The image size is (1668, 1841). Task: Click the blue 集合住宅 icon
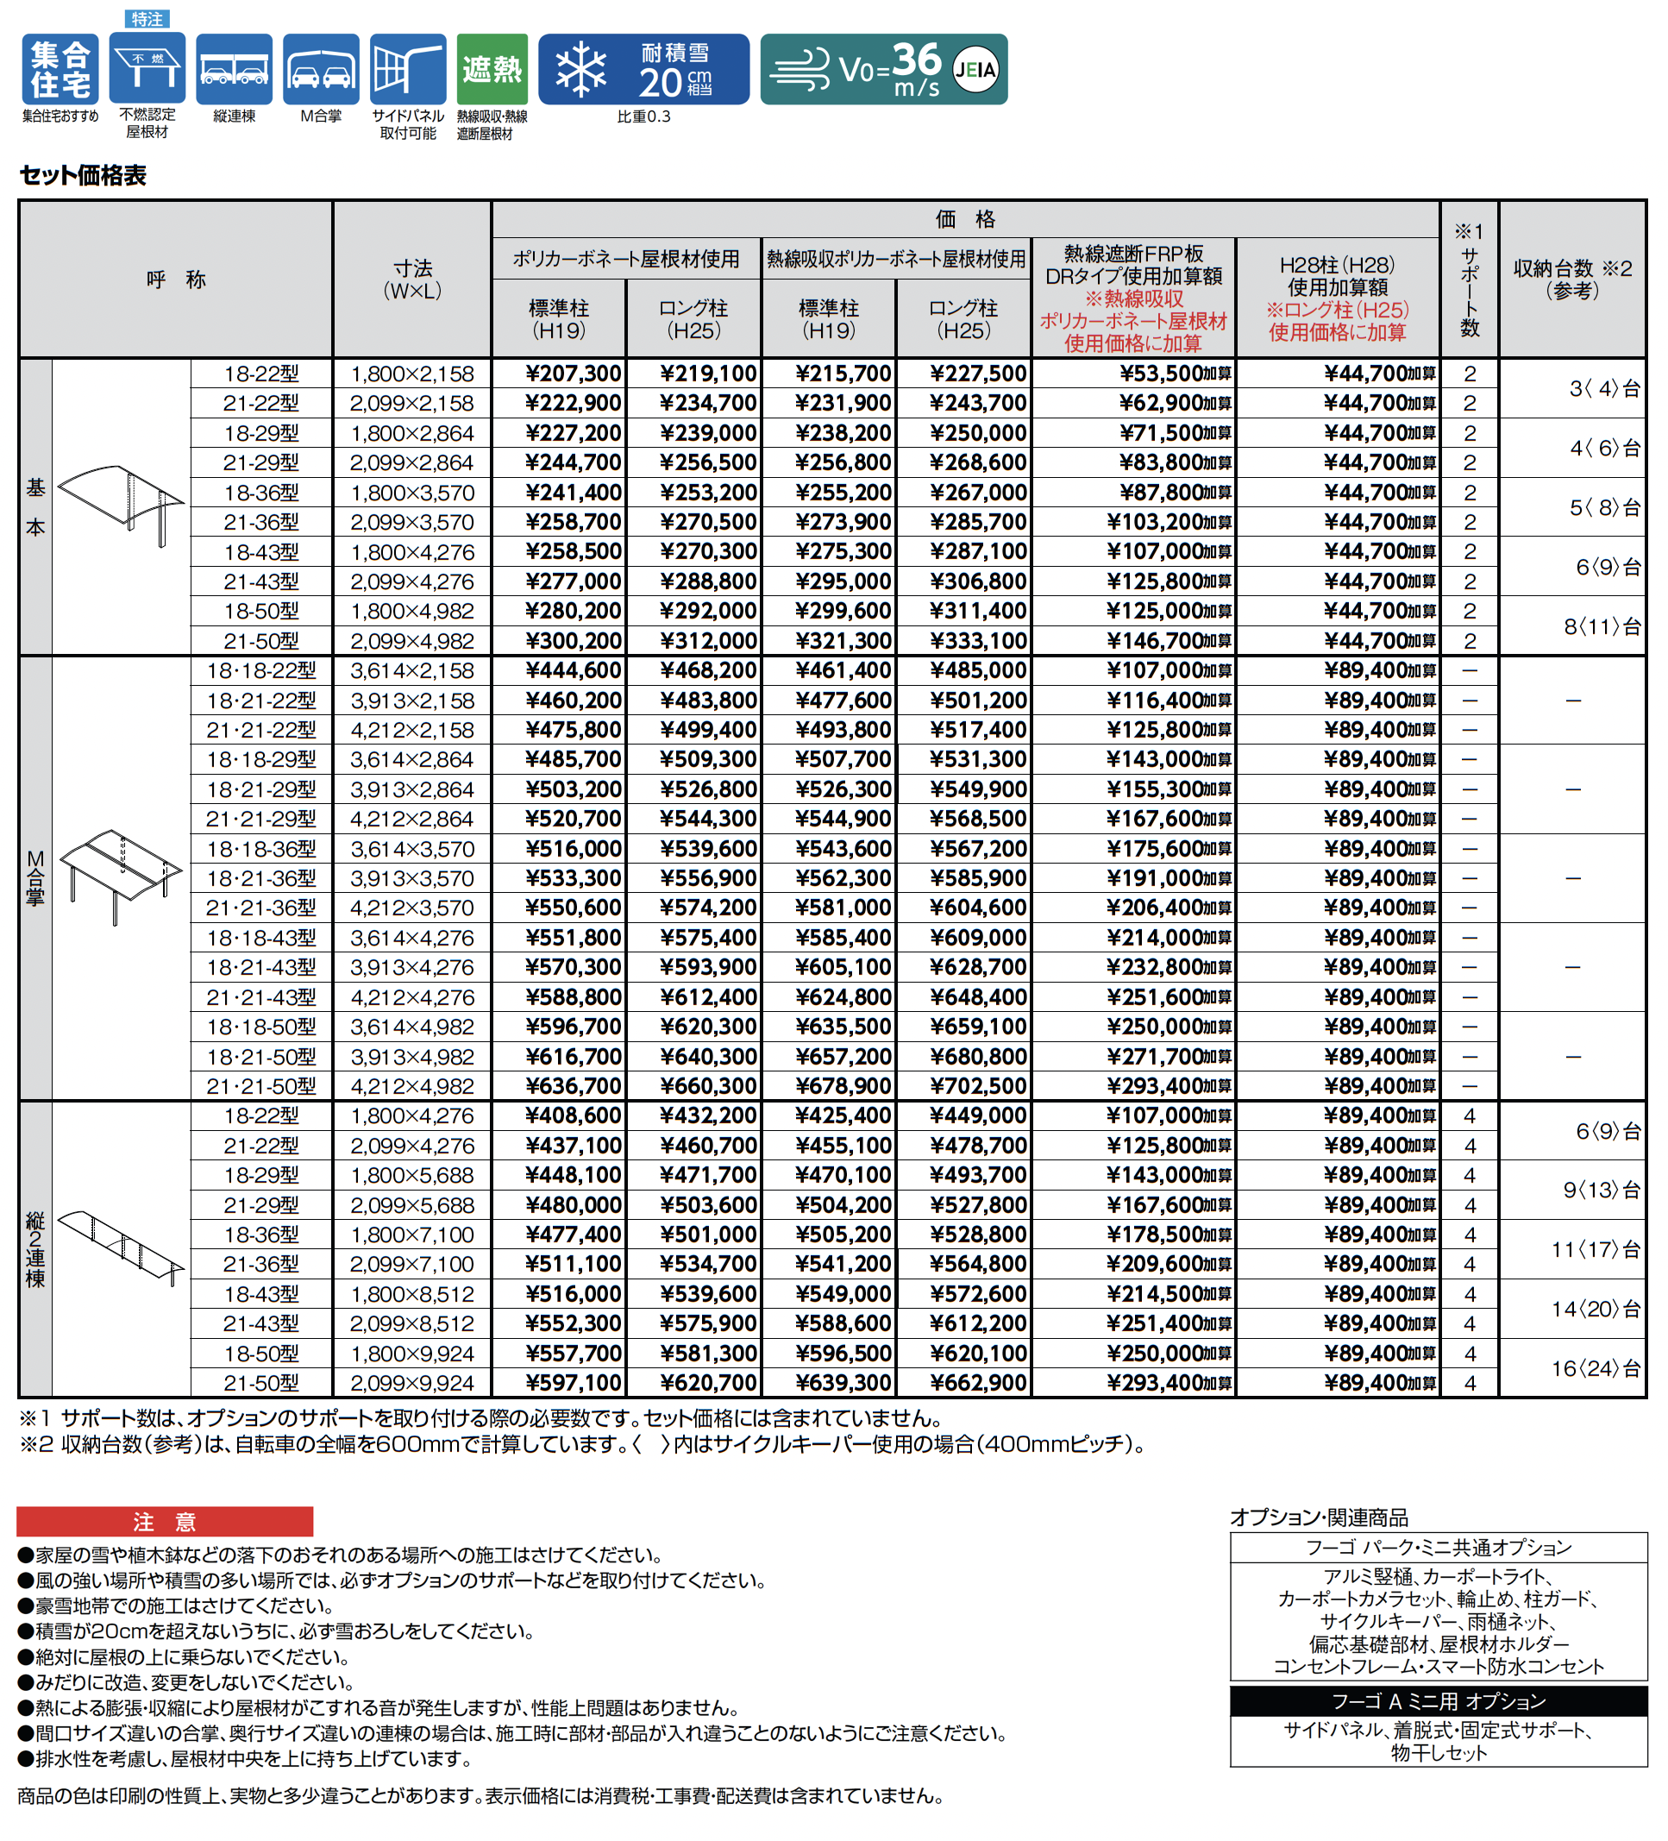(60, 69)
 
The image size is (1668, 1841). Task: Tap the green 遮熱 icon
(492, 69)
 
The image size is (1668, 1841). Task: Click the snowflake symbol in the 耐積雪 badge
(580, 69)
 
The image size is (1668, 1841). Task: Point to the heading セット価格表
(83, 175)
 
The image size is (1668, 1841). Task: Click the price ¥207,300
(573, 374)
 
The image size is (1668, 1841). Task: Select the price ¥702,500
(978, 1086)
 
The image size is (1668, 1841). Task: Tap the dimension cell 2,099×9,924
(411, 1384)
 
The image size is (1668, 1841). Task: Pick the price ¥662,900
(978, 1384)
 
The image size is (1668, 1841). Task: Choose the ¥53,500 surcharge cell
(1174, 374)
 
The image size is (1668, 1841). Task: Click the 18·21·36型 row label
(261, 878)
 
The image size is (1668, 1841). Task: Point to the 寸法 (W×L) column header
(411, 280)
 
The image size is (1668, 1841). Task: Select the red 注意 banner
(165, 1522)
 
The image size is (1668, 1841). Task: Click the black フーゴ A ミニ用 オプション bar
(1438, 1701)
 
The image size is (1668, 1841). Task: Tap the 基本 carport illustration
(122, 502)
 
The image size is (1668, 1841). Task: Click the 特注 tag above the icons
(146, 18)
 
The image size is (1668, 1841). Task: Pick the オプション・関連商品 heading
(1319, 1517)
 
